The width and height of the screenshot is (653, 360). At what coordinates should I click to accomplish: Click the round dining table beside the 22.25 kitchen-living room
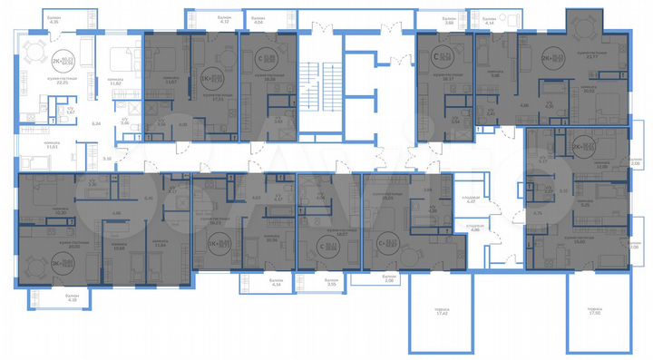pos(34,52)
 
